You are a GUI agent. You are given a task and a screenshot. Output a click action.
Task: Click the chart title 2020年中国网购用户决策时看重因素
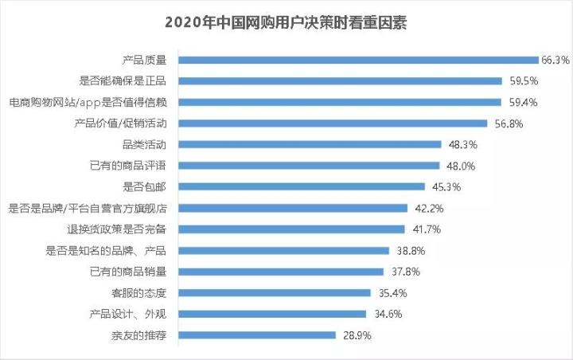coord(286,22)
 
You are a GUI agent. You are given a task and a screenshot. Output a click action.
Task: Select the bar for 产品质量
coord(358,59)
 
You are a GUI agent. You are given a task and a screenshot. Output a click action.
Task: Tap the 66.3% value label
coord(555,60)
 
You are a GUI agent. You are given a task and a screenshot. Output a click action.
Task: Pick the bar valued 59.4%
coord(340,102)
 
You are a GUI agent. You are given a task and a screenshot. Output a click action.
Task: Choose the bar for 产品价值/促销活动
coord(333,123)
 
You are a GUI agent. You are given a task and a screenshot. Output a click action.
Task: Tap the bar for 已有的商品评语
coord(309,166)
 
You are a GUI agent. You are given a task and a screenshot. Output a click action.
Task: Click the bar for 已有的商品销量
coord(281,272)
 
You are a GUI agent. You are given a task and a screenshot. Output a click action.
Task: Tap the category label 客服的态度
coord(144,292)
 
